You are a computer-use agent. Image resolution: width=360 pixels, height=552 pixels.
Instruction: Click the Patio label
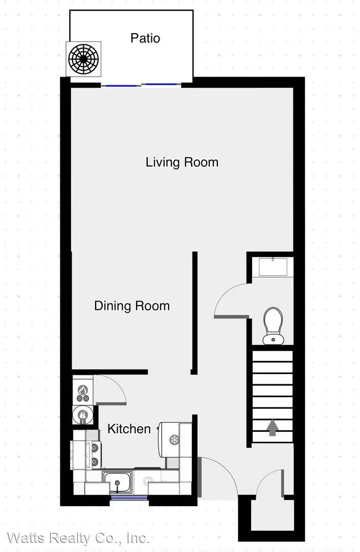tap(145, 38)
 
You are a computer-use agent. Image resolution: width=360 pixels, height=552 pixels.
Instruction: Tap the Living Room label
tap(182, 163)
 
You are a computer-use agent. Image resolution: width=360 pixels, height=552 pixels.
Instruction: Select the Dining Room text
tap(132, 306)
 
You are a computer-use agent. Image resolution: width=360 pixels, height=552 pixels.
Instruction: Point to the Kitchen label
tap(129, 429)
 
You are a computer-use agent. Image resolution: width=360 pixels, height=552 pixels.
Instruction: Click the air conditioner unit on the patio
tap(83, 59)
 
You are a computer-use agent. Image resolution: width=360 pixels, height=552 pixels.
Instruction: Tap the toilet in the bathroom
tap(273, 326)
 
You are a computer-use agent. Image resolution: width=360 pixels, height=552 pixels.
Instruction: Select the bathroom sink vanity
tap(273, 267)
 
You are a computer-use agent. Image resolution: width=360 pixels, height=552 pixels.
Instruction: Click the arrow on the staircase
tap(272, 428)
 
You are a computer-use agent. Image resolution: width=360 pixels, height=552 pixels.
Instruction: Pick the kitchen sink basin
tap(117, 482)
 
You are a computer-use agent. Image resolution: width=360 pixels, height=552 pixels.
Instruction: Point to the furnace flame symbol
tap(83, 389)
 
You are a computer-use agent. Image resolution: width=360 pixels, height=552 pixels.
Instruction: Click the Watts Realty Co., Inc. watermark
tap(78, 538)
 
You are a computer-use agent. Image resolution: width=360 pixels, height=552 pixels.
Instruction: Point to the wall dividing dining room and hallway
tap(194, 313)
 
